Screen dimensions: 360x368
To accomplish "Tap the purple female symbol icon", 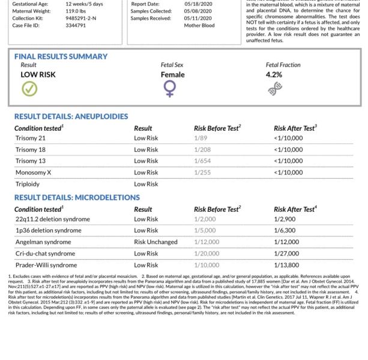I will [x=170, y=89].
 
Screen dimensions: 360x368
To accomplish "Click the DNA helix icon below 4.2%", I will [x=276, y=89].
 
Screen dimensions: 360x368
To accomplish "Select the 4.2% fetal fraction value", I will [x=273, y=75].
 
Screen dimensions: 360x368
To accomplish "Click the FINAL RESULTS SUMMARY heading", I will [x=61, y=56].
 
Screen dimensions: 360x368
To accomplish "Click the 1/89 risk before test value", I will [x=201, y=138].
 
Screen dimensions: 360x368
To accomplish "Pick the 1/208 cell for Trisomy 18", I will [x=203, y=149].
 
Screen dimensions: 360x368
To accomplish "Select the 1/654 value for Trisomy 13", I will [x=203, y=161].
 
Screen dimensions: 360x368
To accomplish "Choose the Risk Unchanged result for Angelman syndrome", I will [x=155, y=242].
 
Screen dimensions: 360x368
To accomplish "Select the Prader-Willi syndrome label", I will [x=46, y=265].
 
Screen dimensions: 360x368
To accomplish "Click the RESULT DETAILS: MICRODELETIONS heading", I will [x=77, y=197].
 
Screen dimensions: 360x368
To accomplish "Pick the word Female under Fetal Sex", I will [x=173, y=75].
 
